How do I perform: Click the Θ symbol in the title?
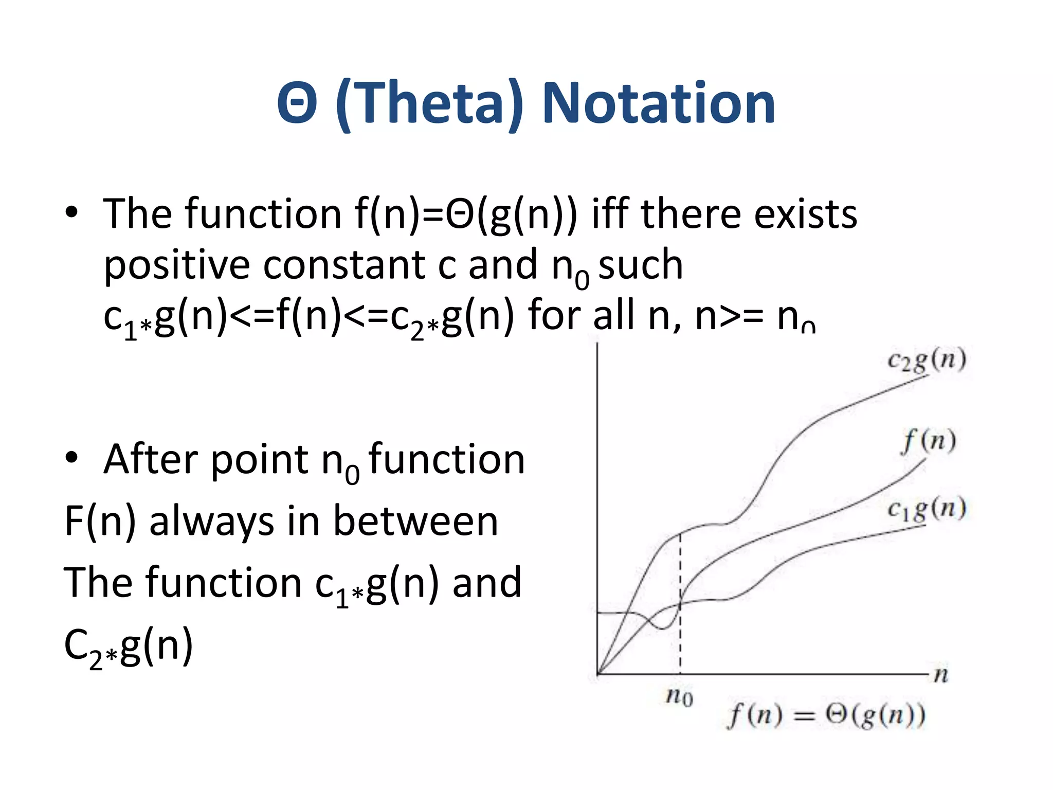tap(297, 104)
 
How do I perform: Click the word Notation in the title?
tap(659, 104)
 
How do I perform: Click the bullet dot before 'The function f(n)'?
tap(71, 211)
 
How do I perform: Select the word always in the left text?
tap(211, 521)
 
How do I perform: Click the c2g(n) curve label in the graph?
tap(927, 360)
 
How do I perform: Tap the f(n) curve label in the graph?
tap(929, 441)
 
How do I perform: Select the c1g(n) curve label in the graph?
tap(927, 509)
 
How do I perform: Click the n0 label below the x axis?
tap(679, 697)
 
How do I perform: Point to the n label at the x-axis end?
tap(941, 674)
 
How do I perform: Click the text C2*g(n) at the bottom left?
tap(129, 646)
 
